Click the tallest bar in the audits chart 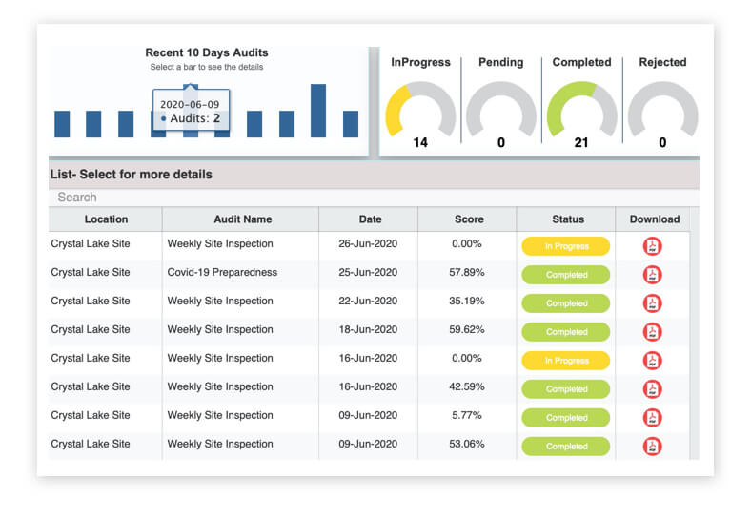tap(318, 111)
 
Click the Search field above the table tap(374, 198)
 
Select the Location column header tap(106, 219)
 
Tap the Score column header tap(469, 219)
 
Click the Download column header tap(654, 219)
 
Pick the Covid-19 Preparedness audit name tap(222, 272)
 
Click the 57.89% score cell tap(466, 272)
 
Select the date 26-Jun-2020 tap(368, 243)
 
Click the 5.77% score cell tap(466, 415)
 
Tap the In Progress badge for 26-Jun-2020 tap(566, 246)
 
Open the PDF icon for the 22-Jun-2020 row tap(652, 303)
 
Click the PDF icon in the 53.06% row tap(652, 447)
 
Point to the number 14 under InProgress tap(420, 142)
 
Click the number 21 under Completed tap(581, 142)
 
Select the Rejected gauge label tap(662, 62)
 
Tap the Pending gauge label tap(500, 62)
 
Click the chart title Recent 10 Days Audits tap(207, 52)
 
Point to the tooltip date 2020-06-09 tap(190, 105)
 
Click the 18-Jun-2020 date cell tap(368, 329)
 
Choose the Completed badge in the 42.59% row tap(566, 389)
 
